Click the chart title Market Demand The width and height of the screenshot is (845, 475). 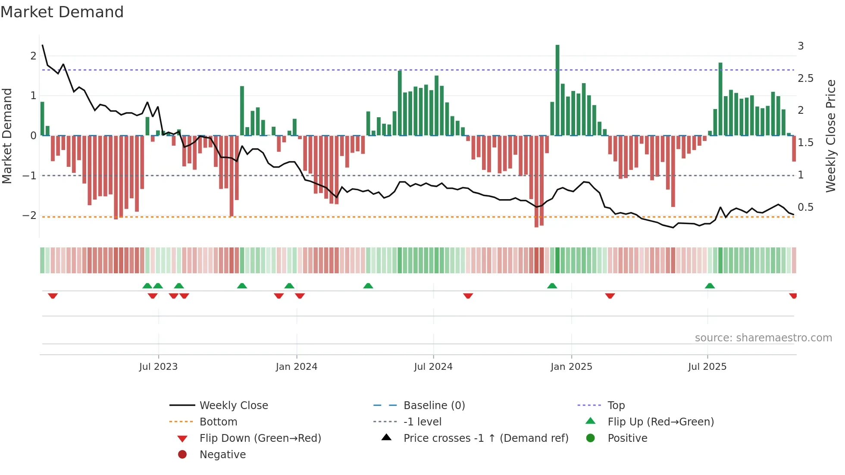tap(62, 12)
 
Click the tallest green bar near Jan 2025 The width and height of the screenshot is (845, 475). tap(557, 91)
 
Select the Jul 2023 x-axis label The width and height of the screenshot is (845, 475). tap(158, 367)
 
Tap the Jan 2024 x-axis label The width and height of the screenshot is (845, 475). tap(297, 367)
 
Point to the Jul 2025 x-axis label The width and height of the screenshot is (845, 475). tap(707, 367)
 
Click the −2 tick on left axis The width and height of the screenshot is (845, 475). tap(30, 216)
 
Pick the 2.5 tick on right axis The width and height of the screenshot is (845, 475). tap(805, 78)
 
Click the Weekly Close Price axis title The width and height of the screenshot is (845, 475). tap(831, 136)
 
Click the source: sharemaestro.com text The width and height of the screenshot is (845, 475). tap(763, 338)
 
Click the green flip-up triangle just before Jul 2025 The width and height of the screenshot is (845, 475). tap(710, 286)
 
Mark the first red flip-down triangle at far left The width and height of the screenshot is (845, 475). tap(53, 296)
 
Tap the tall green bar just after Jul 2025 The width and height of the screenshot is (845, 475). tap(720, 99)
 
